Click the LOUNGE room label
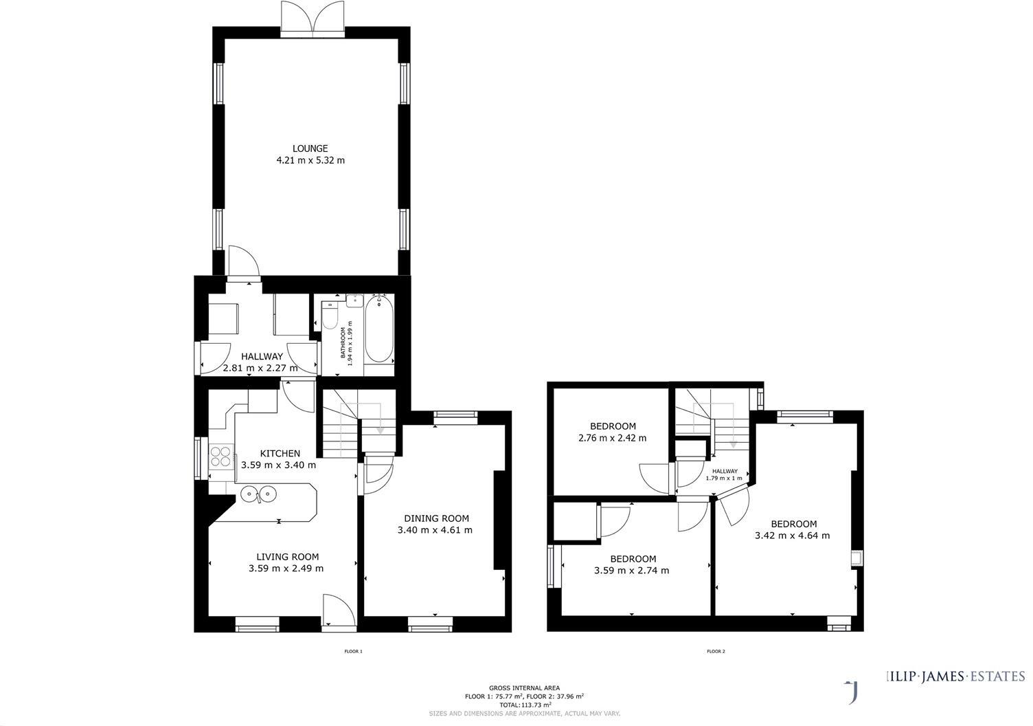point(310,148)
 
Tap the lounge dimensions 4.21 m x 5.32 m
point(310,161)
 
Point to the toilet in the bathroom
point(330,318)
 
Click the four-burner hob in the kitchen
point(221,456)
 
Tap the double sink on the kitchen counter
point(258,493)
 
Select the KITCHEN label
point(280,453)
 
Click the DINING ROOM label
point(436,518)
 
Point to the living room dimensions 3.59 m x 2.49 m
point(286,569)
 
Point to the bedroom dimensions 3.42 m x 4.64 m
point(792,536)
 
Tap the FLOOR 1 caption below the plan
point(353,651)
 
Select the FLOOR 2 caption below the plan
point(715,651)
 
